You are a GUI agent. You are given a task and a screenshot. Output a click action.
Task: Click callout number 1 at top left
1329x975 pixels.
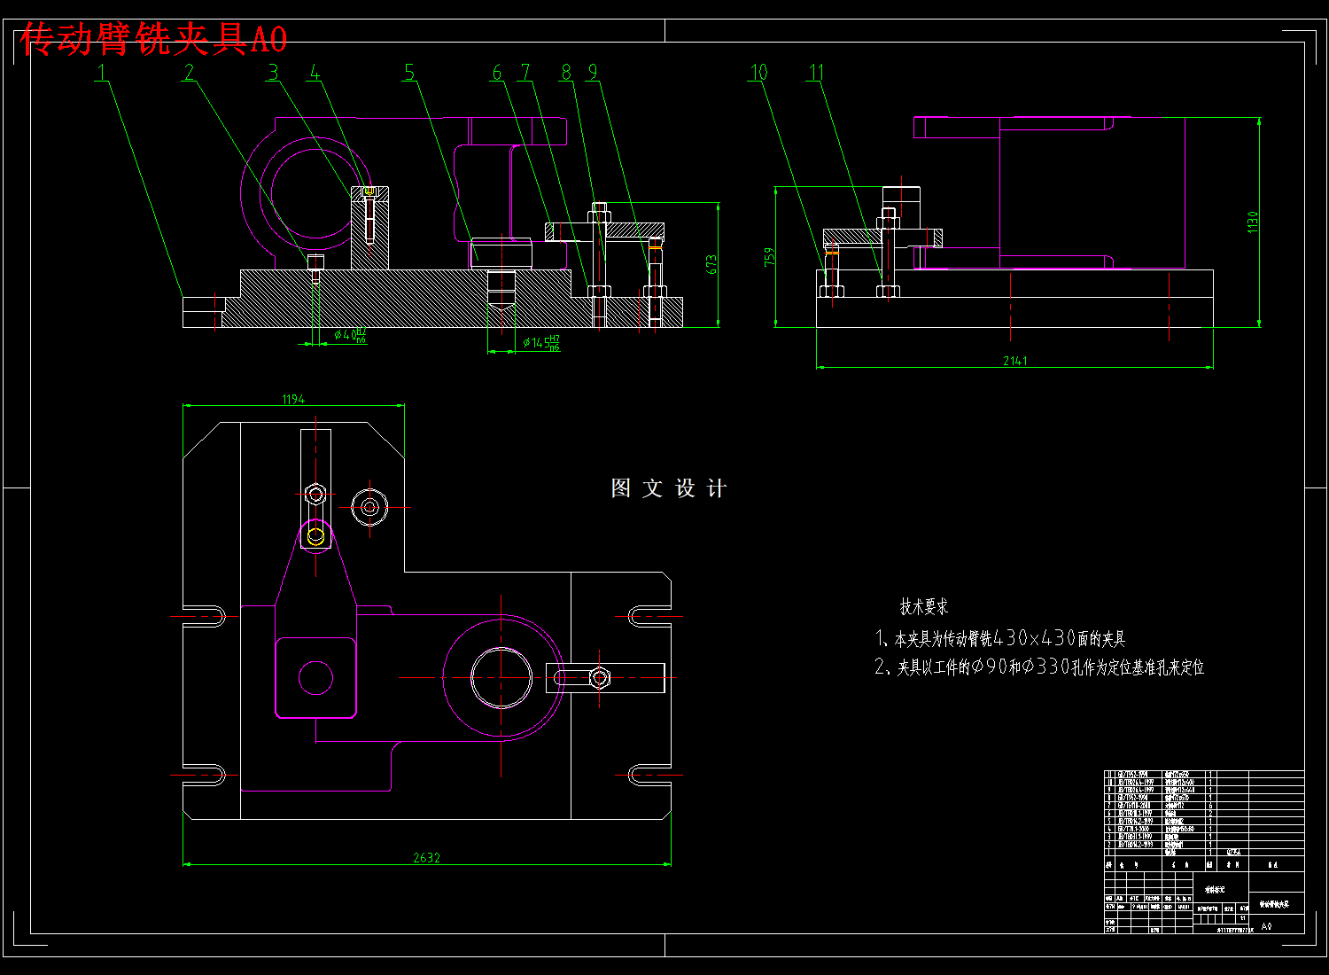pyautogui.click(x=102, y=72)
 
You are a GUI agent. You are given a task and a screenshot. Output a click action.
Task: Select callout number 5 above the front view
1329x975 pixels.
pyautogui.click(x=409, y=72)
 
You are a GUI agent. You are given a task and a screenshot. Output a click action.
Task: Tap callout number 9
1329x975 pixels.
pyautogui.click(x=593, y=72)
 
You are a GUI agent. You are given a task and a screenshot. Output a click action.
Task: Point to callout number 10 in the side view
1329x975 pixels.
pyautogui.click(x=759, y=72)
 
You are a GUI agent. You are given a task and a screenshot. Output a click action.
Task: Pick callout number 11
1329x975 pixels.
pyautogui.click(x=816, y=72)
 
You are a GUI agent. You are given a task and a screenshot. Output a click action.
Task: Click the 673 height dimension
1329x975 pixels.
pyautogui.click(x=711, y=264)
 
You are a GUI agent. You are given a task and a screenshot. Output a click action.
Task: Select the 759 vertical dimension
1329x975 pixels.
pyautogui.click(x=769, y=256)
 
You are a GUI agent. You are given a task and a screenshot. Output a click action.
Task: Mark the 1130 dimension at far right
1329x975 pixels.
pyautogui.click(x=1253, y=222)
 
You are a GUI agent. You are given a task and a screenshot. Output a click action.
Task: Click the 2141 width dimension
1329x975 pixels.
pyautogui.click(x=1014, y=361)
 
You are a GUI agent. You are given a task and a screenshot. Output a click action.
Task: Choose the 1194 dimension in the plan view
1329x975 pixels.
pyautogui.click(x=293, y=400)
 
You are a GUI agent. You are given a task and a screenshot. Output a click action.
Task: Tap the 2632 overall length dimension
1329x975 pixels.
pyautogui.click(x=426, y=858)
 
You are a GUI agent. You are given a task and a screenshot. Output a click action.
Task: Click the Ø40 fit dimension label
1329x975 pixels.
pyautogui.click(x=350, y=335)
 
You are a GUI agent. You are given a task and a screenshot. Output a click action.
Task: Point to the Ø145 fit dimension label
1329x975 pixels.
pyautogui.click(x=541, y=342)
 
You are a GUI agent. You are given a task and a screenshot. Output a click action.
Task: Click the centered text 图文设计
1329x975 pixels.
pyautogui.click(x=669, y=488)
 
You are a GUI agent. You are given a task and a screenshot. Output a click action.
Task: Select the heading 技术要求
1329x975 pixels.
pyautogui.click(x=924, y=607)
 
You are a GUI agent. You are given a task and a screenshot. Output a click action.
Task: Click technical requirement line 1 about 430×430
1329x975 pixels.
pyautogui.click(x=1000, y=638)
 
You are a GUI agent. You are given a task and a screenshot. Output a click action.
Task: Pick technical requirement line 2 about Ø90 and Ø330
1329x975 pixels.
pyautogui.click(x=1039, y=667)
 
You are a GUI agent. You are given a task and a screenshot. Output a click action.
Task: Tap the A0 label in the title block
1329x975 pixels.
pyautogui.click(x=1266, y=926)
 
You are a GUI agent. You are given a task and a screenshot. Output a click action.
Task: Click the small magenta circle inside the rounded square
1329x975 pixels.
pyautogui.click(x=315, y=678)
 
